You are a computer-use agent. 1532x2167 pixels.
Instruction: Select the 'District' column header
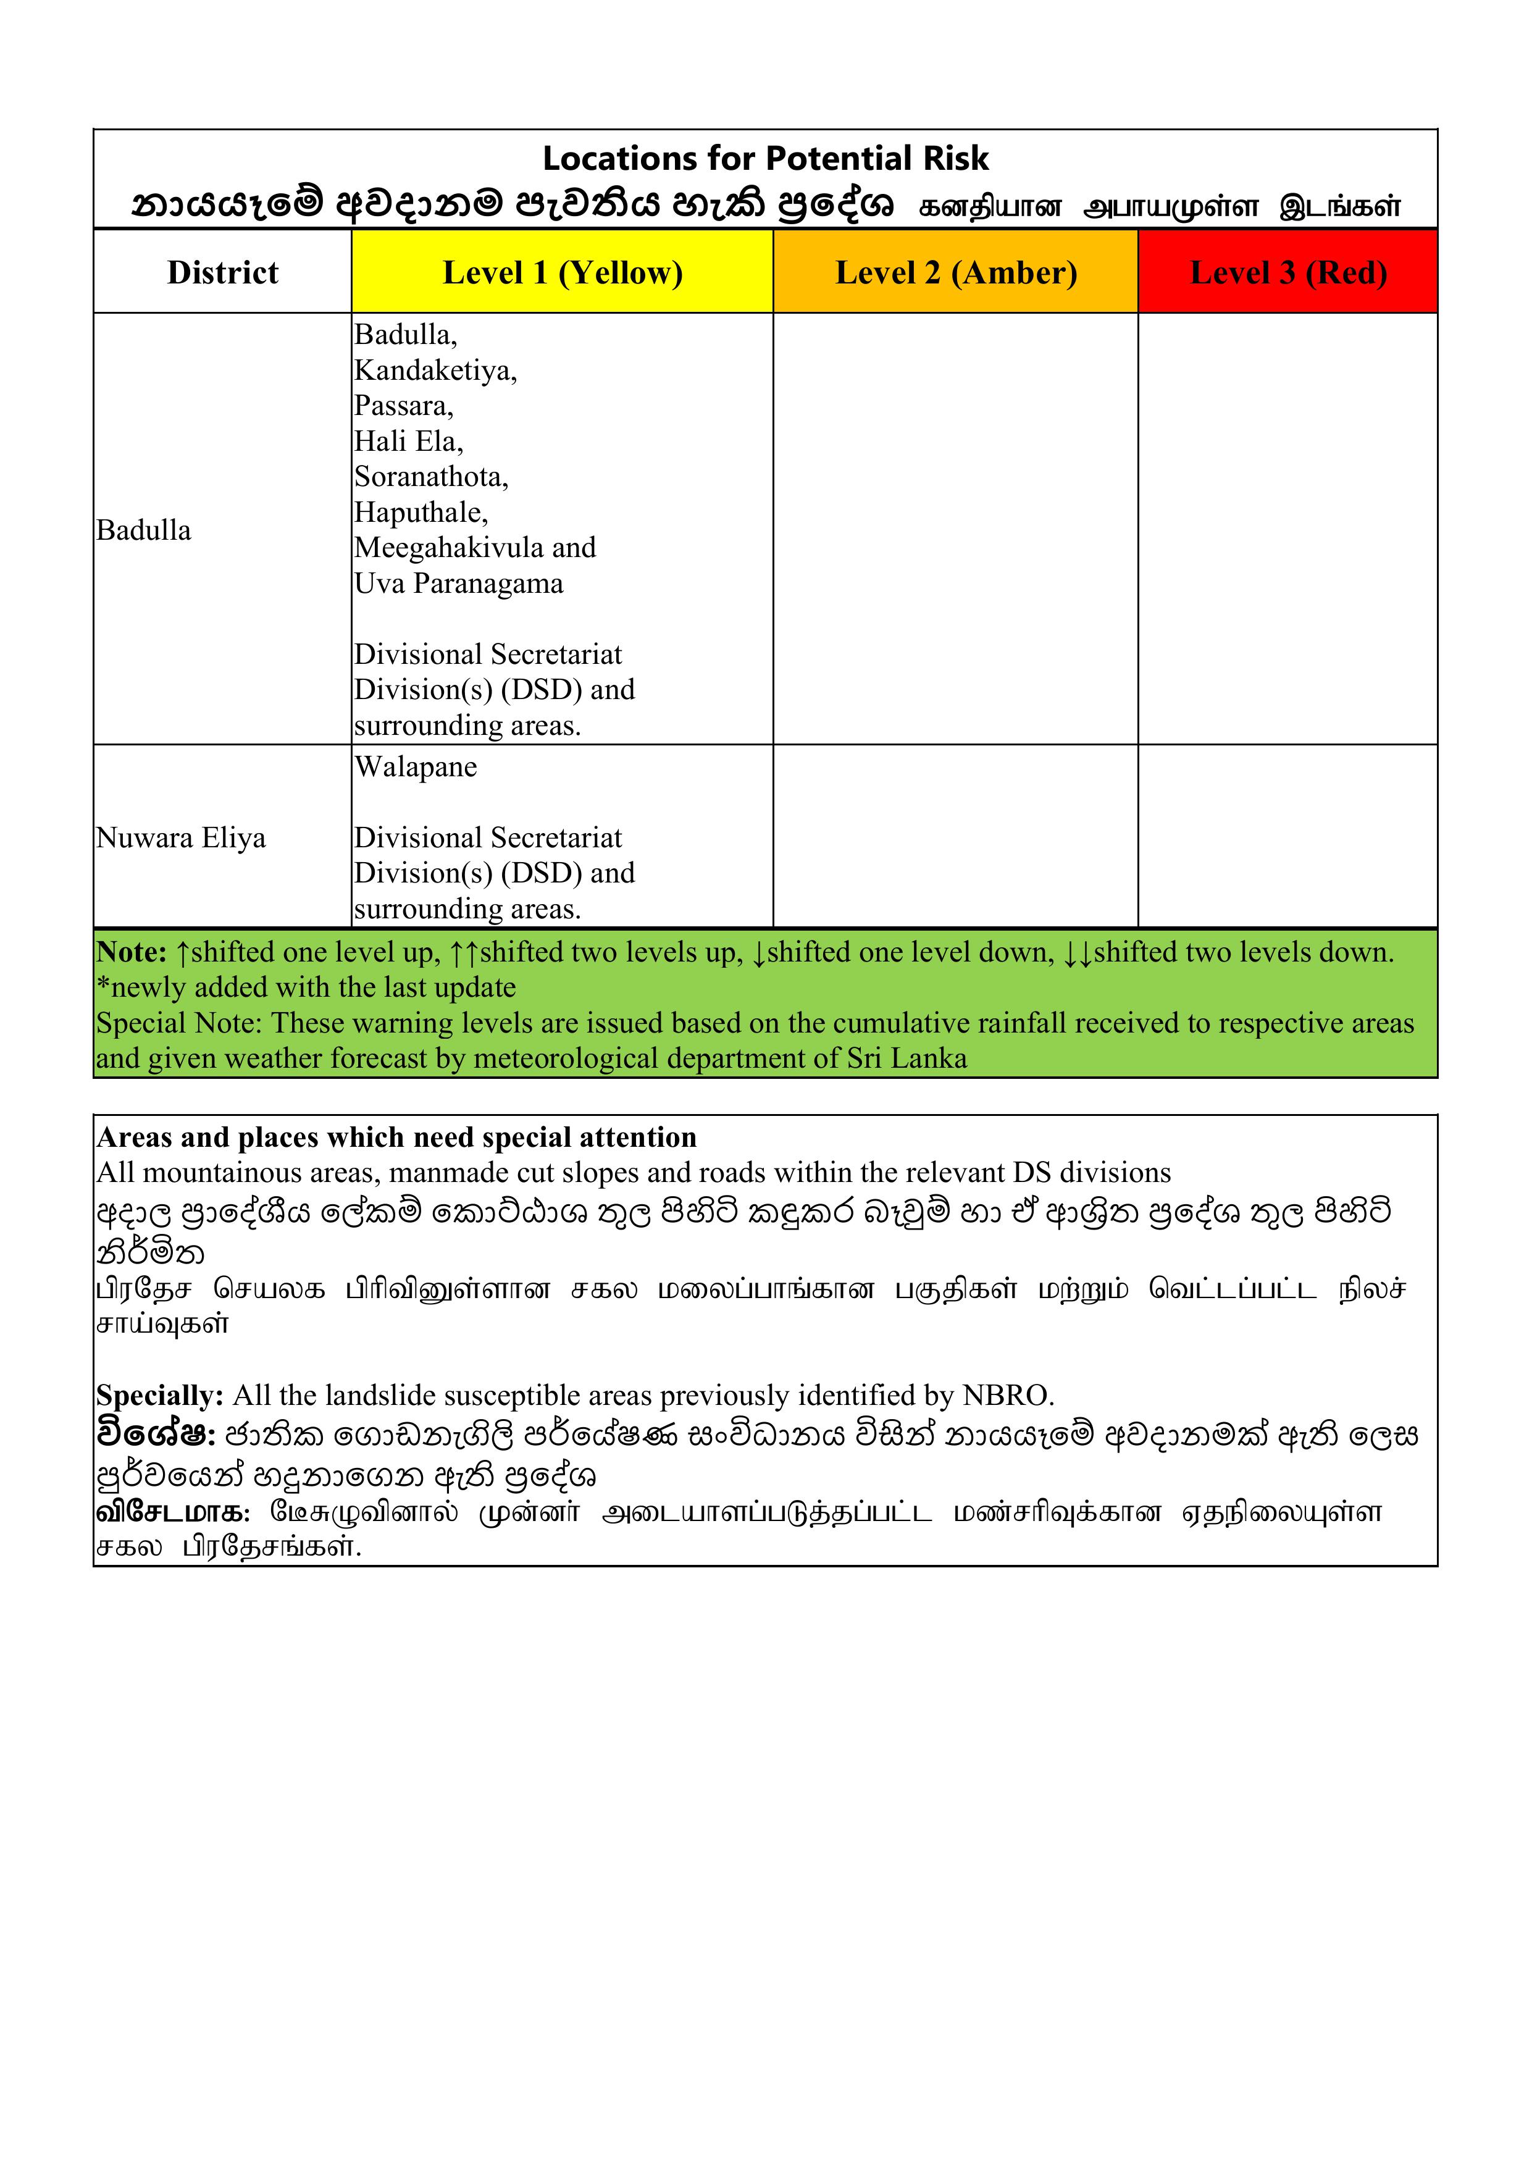click(x=223, y=273)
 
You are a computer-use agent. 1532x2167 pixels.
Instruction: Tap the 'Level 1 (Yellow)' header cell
click(x=563, y=273)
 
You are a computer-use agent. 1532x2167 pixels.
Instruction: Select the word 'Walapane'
click(x=416, y=768)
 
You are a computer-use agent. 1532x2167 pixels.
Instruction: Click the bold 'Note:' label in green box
click(x=131, y=952)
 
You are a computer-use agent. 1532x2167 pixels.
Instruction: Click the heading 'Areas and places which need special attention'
click(x=396, y=1138)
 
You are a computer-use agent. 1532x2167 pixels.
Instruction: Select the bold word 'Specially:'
click(x=159, y=1395)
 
